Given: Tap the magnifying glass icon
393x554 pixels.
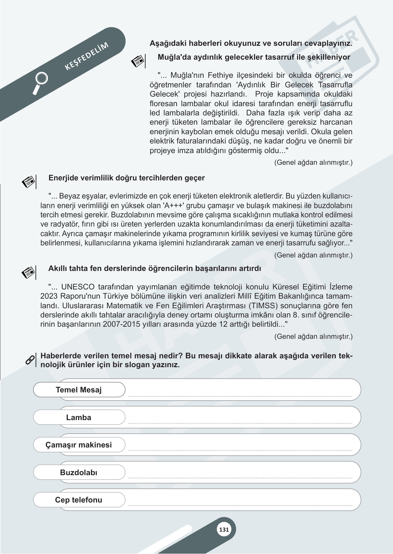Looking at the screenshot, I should point(40,82).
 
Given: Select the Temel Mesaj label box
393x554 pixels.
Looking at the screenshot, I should point(79,390).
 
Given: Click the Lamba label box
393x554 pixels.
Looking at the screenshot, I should point(79,418).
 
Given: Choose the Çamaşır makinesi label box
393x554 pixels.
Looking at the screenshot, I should point(79,445).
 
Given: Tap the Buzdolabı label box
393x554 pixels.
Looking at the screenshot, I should point(79,473).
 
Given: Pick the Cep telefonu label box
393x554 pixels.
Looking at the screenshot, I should point(79,500).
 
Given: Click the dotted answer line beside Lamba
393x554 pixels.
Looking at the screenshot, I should point(240,423).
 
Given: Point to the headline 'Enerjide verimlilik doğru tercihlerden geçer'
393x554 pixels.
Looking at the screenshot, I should point(126,178).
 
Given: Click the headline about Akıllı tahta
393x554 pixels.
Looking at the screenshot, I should point(155,269).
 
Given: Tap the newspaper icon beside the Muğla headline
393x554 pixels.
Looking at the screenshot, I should point(138,61).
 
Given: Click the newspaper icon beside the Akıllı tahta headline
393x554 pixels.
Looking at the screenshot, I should point(28,273).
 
